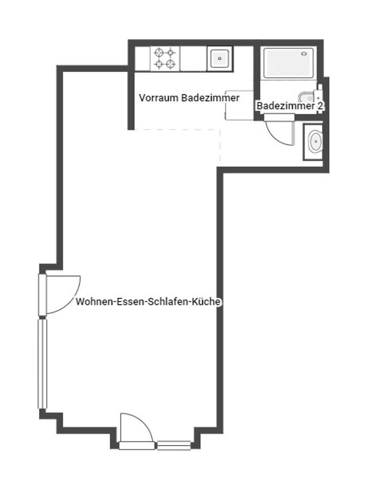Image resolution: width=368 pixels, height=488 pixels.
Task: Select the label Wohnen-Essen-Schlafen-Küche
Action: [148, 302]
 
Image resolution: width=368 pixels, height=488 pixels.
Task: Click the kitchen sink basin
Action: [219, 59]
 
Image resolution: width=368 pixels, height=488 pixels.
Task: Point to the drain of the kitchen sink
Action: [219, 59]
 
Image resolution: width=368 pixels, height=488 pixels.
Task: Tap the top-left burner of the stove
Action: [159, 53]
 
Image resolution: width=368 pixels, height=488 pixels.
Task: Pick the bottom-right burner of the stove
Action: [170, 64]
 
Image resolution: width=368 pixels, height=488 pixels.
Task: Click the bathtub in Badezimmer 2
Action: [288, 63]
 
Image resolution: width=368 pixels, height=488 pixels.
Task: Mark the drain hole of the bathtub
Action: [304, 54]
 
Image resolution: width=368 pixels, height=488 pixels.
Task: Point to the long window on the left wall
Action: [42, 364]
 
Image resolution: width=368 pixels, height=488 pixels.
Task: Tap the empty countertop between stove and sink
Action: [193, 59]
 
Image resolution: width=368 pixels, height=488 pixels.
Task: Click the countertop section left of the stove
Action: [142, 59]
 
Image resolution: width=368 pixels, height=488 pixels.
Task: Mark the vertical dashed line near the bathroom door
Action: [220, 146]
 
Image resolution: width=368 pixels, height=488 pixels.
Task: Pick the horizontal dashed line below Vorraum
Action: [178, 130]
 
